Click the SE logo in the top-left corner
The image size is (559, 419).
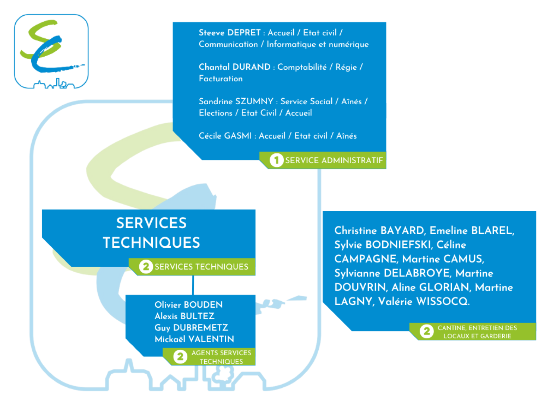pos(51,51)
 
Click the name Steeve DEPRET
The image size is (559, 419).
pos(230,32)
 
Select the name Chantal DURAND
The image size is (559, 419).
pos(234,67)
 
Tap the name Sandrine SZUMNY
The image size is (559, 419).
pos(236,101)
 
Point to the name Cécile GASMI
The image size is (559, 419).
pos(225,136)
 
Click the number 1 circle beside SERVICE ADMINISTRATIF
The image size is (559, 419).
pos(276,160)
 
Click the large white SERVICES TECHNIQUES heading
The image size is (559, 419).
pos(152,232)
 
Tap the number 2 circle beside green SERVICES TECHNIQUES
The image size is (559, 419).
pos(146,267)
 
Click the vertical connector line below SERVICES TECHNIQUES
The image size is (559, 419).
pos(193,285)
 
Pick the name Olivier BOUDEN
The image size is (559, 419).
pos(189,305)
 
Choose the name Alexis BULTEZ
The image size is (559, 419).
pos(184,316)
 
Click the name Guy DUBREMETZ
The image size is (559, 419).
pos(191,327)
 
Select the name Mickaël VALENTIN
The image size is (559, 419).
pos(194,339)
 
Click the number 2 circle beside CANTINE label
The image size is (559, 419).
pos(427,331)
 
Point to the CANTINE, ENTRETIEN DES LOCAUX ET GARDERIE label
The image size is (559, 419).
pos(477,332)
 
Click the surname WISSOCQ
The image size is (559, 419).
pos(443,301)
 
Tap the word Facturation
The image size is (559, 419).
pos(221,78)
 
